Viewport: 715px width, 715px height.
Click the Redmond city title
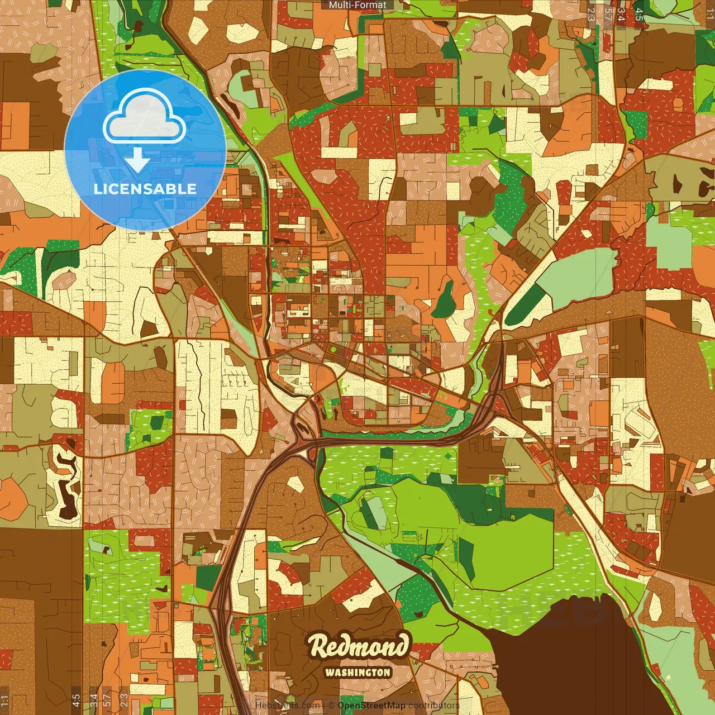(x=359, y=646)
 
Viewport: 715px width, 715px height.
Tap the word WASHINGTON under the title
(x=357, y=673)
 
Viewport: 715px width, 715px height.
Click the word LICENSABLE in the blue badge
(x=145, y=189)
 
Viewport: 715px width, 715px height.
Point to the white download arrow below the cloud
(x=137, y=160)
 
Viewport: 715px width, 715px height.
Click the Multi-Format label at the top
(x=357, y=5)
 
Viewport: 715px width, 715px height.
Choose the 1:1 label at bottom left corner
(x=5, y=700)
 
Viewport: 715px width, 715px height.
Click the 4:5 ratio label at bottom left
(x=76, y=700)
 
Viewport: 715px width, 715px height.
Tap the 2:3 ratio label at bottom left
(x=124, y=700)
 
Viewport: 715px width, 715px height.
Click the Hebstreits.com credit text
(x=287, y=706)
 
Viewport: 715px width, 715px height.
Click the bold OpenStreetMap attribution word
(x=371, y=706)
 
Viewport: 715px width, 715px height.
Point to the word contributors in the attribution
(x=433, y=706)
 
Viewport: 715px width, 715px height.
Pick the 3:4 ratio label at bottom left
(x=93, y=700)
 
